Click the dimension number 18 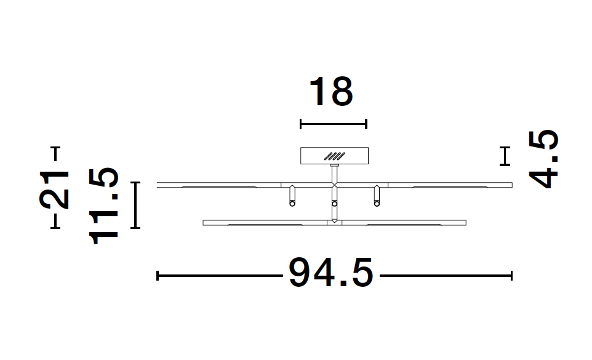(331, 92)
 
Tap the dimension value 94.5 (330, 273)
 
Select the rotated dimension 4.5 (544, 159)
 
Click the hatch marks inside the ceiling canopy (336, 156)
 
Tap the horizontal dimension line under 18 (333, 124)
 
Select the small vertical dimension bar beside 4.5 (505, 156)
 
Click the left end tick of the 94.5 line (158, 276)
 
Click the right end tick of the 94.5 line (511, 276)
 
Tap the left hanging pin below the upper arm (292, 196)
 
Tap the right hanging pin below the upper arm (377, 196)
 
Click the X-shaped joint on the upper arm (334, 185)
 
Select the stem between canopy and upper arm (334, 173)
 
